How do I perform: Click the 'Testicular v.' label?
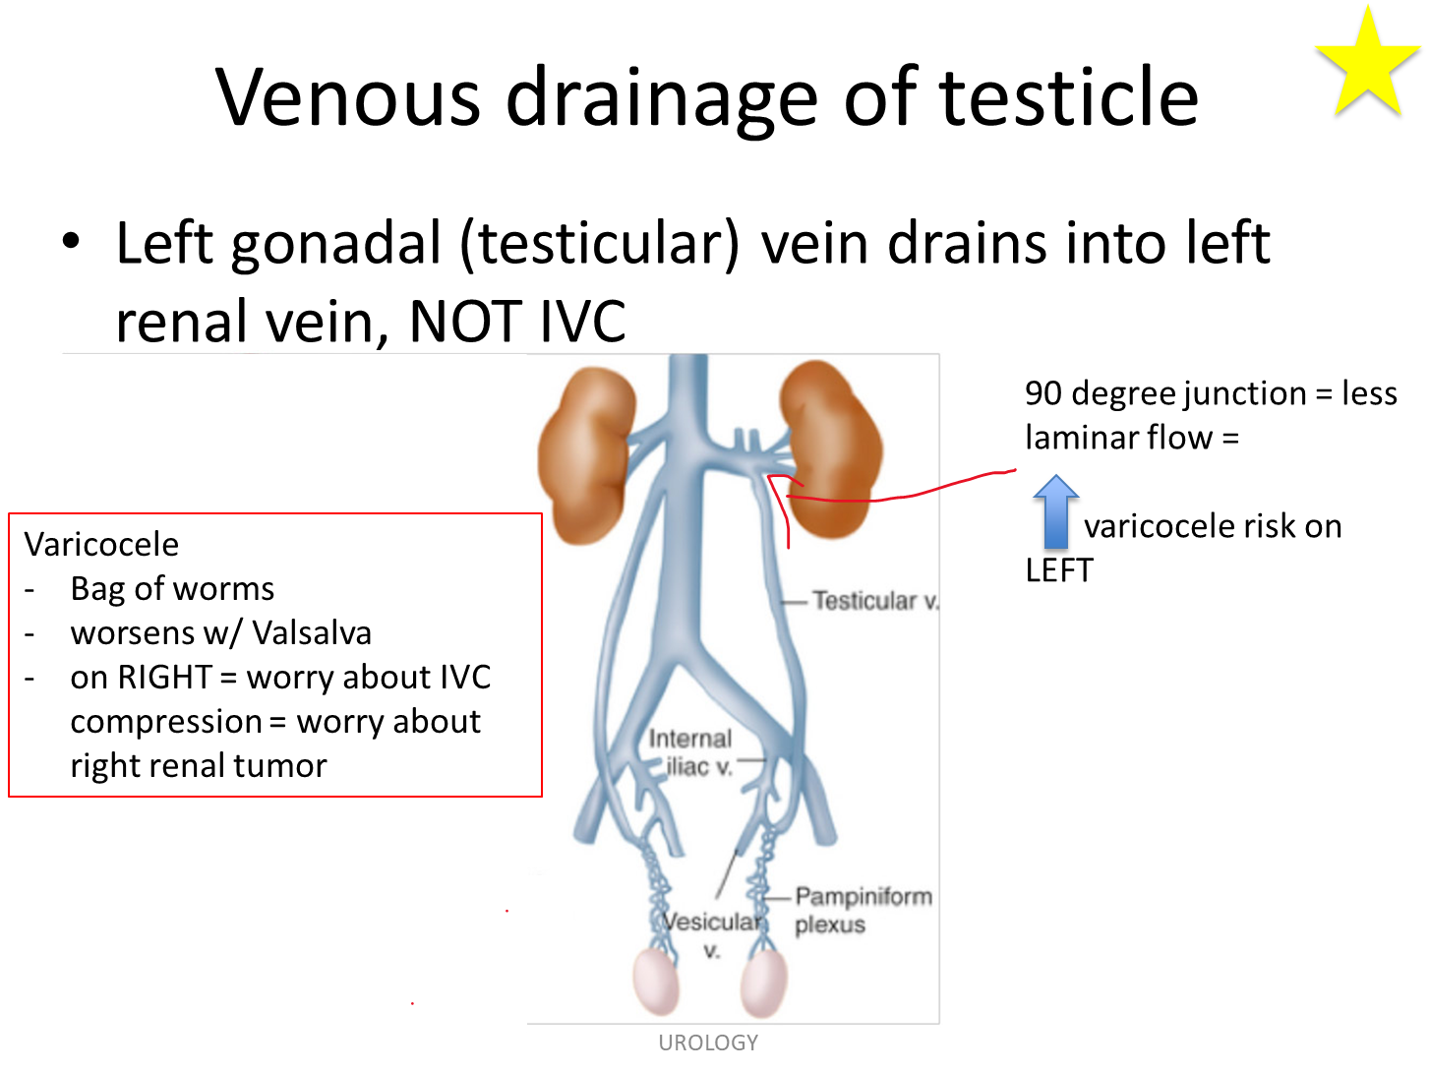click(x=875, y=601)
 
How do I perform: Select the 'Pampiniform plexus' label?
click(x=863, y=910)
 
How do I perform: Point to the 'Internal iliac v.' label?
click(x=690, y=752)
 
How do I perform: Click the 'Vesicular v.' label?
click(x=711, y=935)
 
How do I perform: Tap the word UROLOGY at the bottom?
click(x=708, y=1042)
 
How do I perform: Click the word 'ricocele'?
click(x=120, y=544)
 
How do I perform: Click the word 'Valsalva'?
click(x=312, y=632)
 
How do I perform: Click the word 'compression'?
click(x=166, y=722)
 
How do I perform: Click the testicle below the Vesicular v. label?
click(x=763, y=983)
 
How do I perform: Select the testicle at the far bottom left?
click(x=656, y=982)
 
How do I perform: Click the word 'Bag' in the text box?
click(x=97, y=588)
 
